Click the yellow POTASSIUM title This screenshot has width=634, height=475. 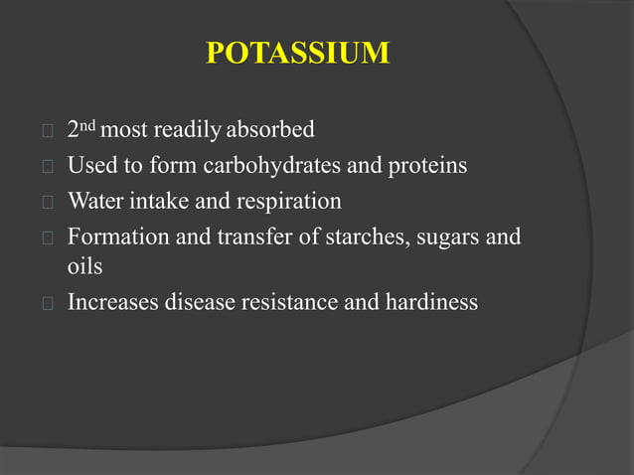click(x=298, y=53)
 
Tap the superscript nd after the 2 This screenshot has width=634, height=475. click(x=87, y=125)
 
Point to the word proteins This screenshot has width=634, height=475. click(x=426, y=166)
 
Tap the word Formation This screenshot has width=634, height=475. click(x=111, y=237)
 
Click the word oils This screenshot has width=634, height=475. click(x=84, y=267)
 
